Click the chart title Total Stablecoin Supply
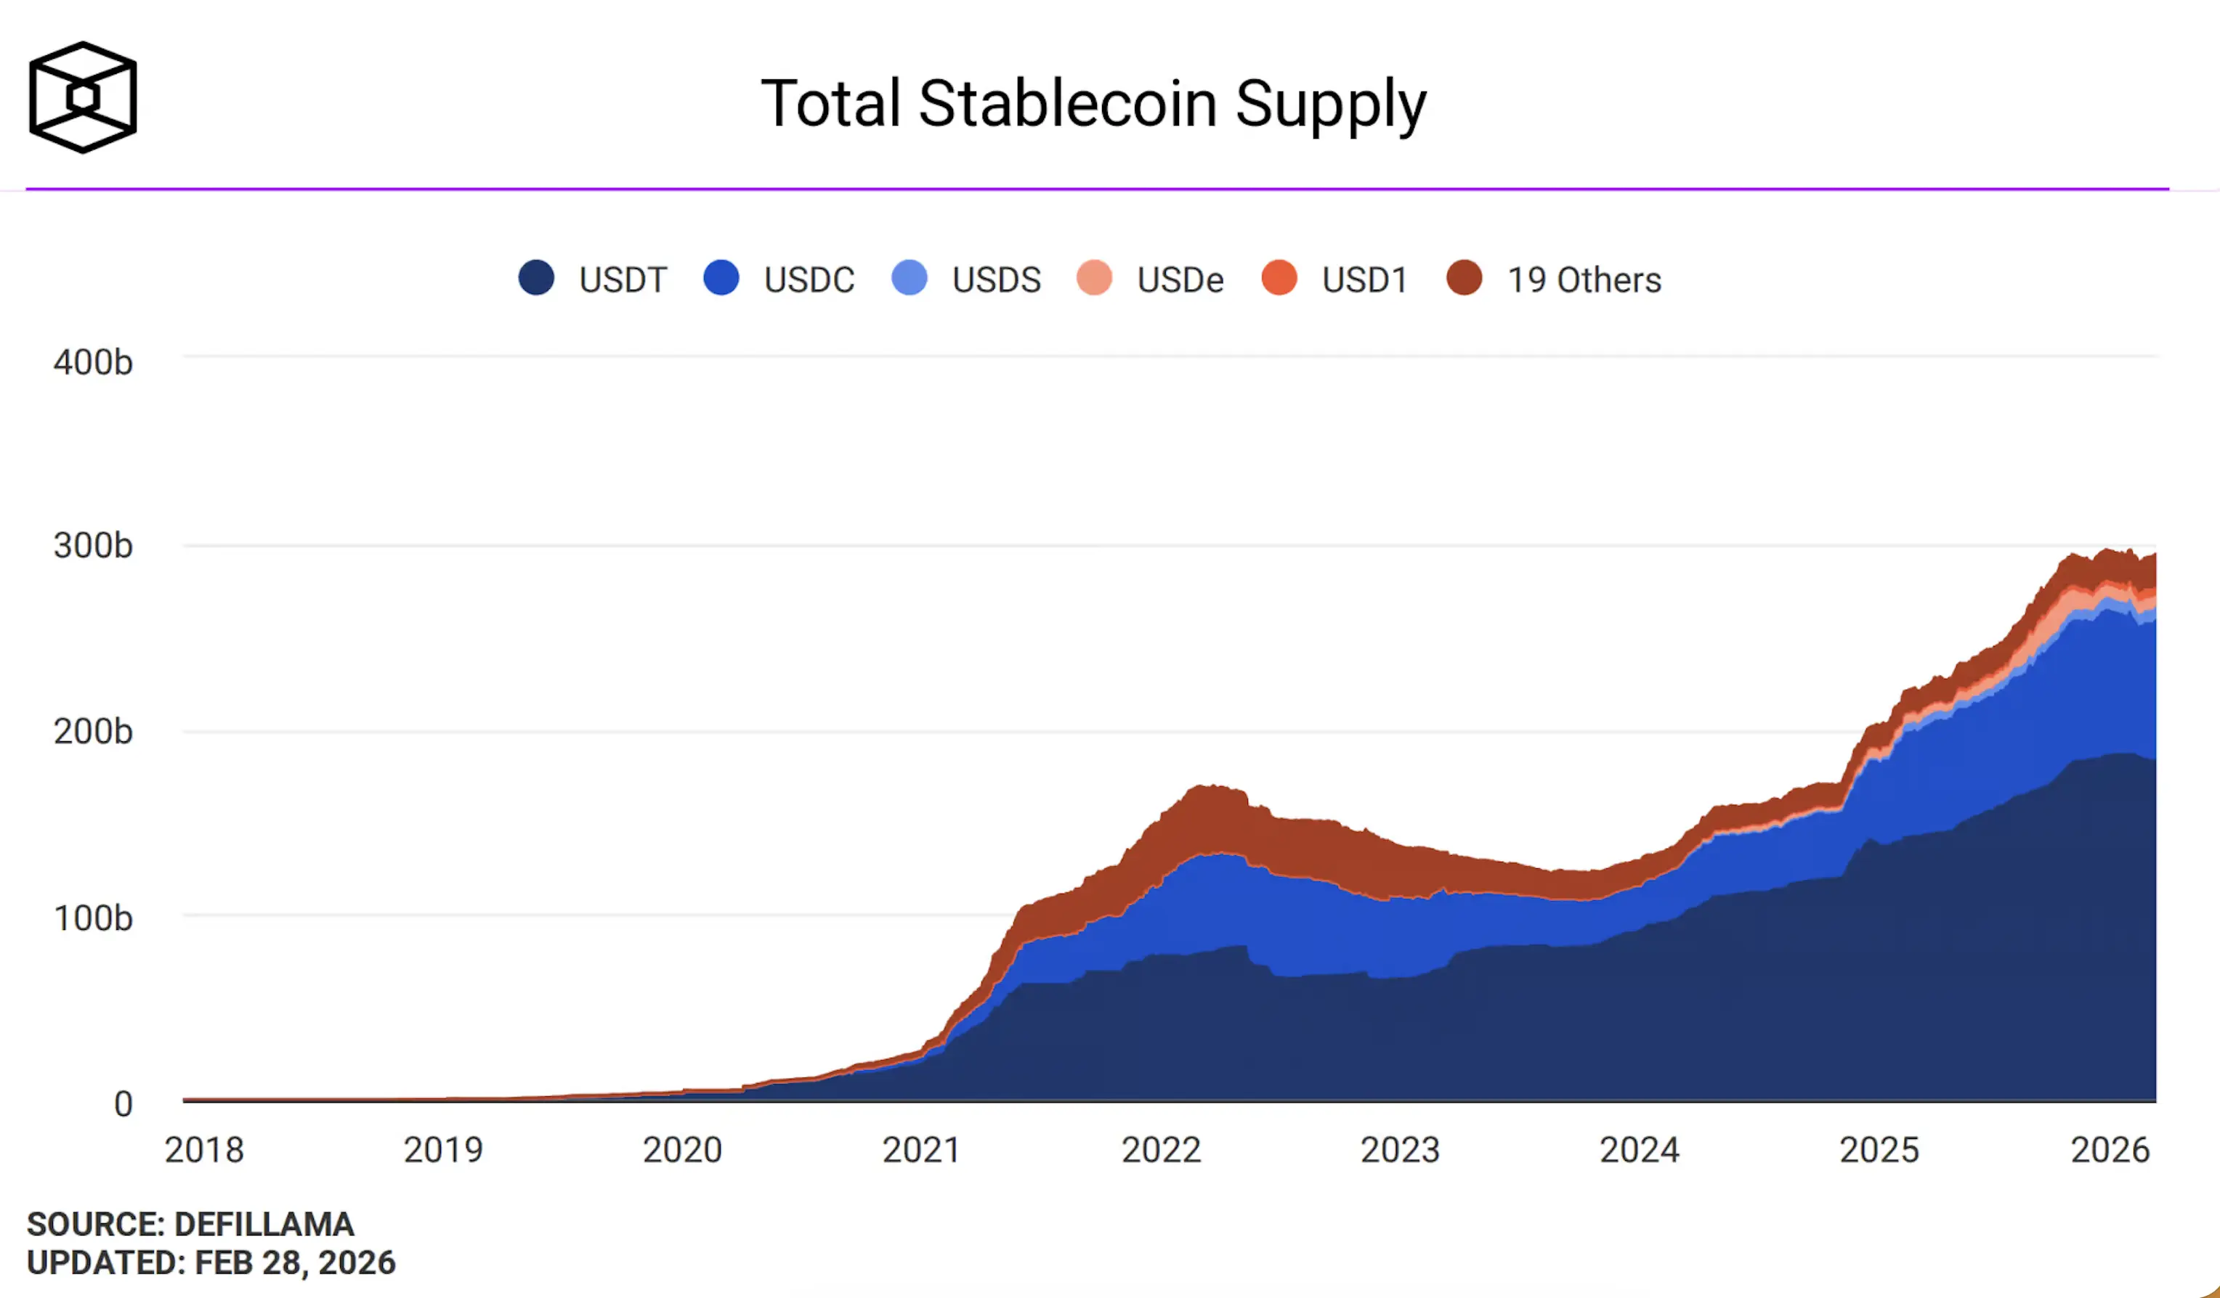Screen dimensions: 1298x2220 coord(1093,104)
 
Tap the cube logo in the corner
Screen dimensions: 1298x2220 coord(83,97)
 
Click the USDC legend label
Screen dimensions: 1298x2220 coord(809,280)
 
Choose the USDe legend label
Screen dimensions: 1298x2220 coord(1180,280)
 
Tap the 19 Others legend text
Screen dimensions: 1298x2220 coord(1584,280)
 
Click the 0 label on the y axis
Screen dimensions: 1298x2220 coord(123,1103)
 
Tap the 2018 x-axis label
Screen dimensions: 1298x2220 coord(203,1149)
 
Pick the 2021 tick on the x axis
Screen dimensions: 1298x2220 coord(920,1149)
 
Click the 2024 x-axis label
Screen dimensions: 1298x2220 coord(1640,1149)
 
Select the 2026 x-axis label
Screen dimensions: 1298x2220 coord(2110,1149)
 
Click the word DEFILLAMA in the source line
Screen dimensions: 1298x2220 coord(264,1224)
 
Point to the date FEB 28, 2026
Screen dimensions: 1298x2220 coord(294,1262)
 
